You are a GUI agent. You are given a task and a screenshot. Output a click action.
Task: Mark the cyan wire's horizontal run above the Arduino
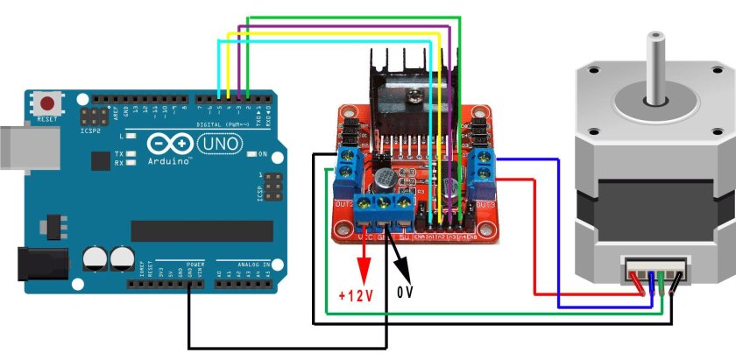324,41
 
